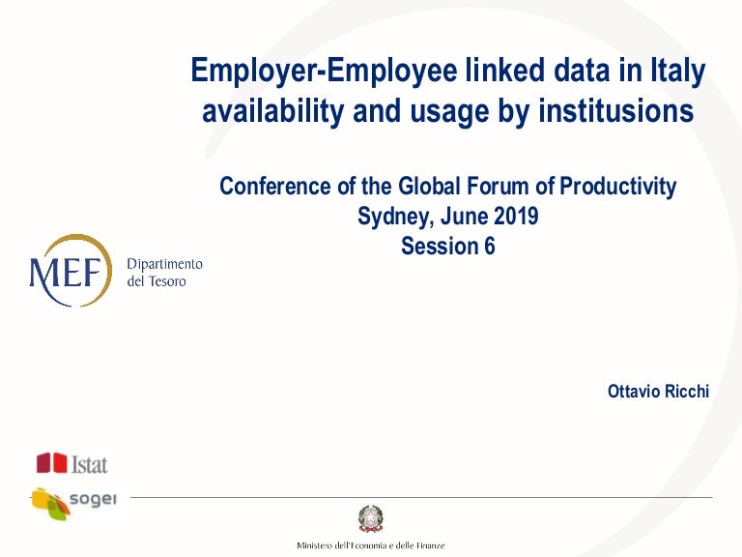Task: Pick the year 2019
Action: [511, 217]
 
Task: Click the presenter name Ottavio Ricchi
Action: [658, 392]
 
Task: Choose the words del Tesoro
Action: [157, 281]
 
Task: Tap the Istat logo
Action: [71, 464]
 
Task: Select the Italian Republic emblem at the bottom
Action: [370, 518]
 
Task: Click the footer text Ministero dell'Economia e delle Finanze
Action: [371, 546]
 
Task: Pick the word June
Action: [460, 217]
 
